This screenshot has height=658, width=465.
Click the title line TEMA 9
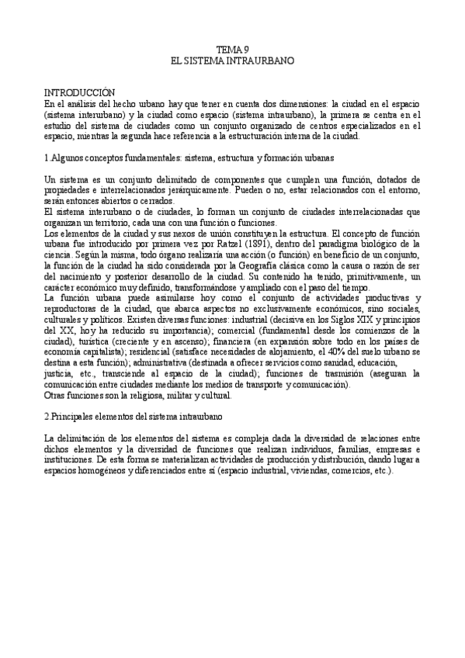coord(232,49)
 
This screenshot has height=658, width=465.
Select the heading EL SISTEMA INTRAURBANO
coord(232,59)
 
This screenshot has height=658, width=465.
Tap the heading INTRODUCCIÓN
coord(79,92)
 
